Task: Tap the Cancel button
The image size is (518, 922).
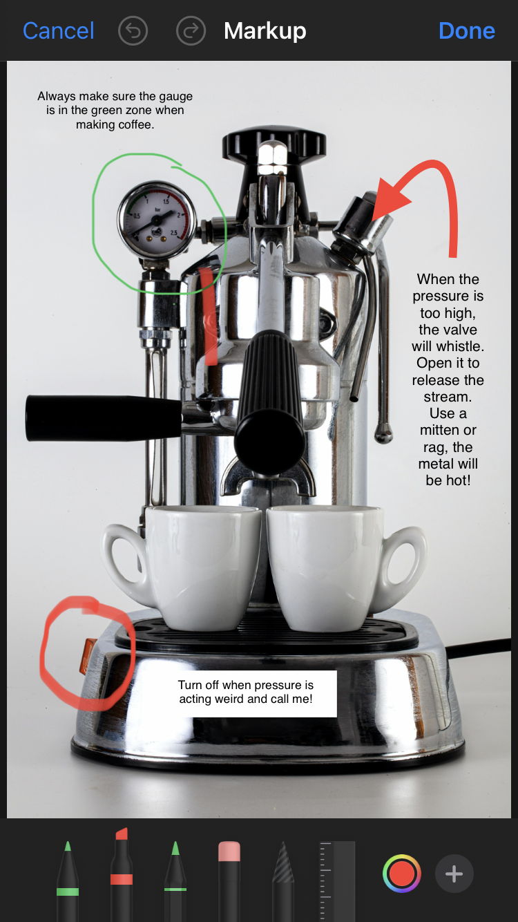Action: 59,31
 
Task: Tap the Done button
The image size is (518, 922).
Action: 467,31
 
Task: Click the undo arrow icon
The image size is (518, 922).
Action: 133,31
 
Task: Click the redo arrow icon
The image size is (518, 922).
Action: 191,31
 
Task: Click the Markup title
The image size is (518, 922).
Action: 265,31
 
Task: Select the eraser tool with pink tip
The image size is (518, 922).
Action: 229,881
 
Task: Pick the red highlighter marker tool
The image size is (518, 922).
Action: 122,875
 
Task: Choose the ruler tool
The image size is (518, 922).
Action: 337,881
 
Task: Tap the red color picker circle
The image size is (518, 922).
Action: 401,874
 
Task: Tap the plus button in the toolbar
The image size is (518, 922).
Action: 454,874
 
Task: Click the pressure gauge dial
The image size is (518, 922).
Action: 157,220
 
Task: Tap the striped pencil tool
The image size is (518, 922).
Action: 283,881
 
